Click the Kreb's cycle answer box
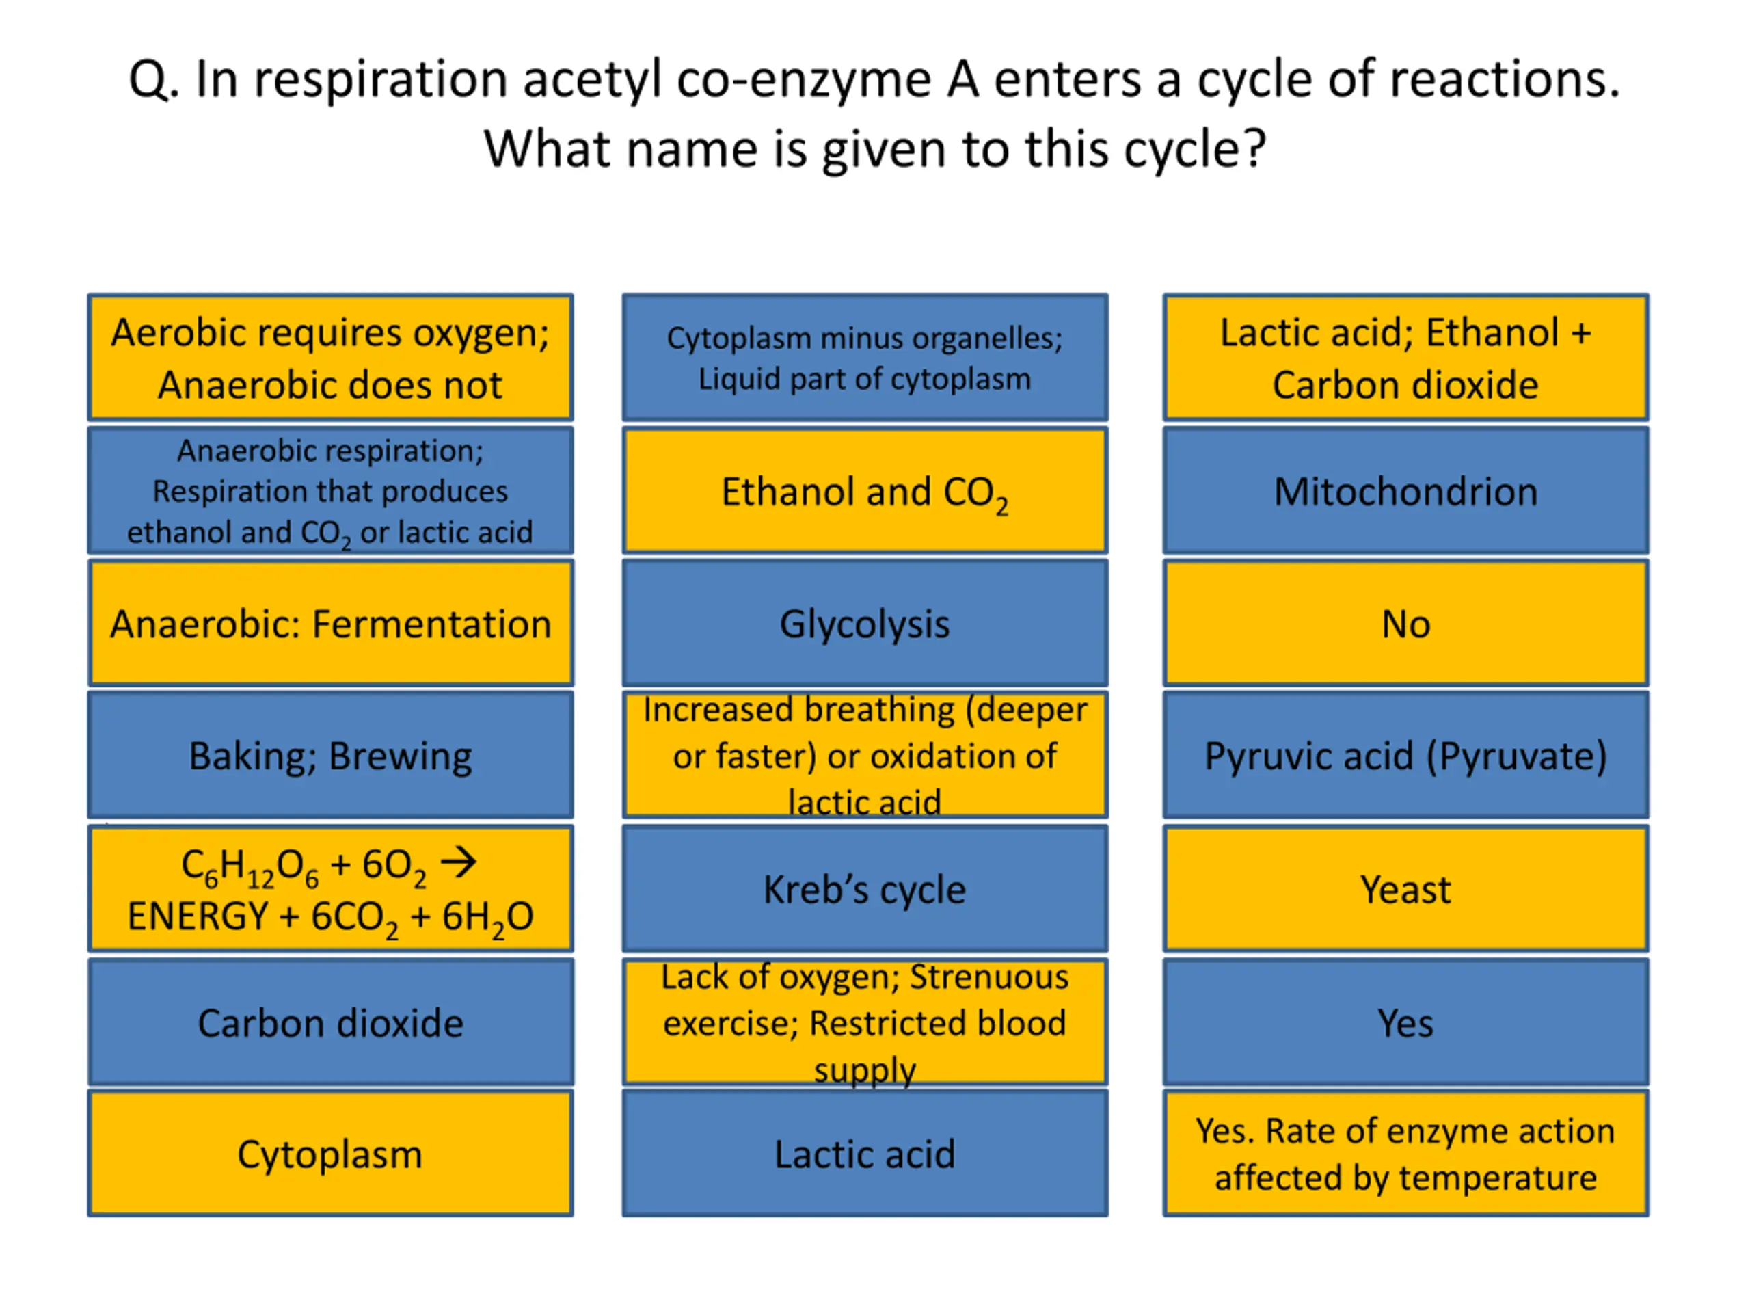[865, 889]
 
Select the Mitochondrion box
[1406, 491]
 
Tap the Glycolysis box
[865, 624]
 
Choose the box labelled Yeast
[1406, 889]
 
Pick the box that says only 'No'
[1406, 624]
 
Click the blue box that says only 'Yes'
[1406, 1022]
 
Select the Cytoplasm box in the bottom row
[331, 1154]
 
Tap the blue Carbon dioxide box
[331, 1022]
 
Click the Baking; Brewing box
[331, 755]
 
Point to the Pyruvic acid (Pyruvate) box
[1406, 755]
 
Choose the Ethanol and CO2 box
[865, 491]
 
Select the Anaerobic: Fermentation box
[331, 624]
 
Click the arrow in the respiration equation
[459, 862]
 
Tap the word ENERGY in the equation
[198, 916]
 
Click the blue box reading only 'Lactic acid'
[865, 1154]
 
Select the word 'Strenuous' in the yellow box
[989, 977]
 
